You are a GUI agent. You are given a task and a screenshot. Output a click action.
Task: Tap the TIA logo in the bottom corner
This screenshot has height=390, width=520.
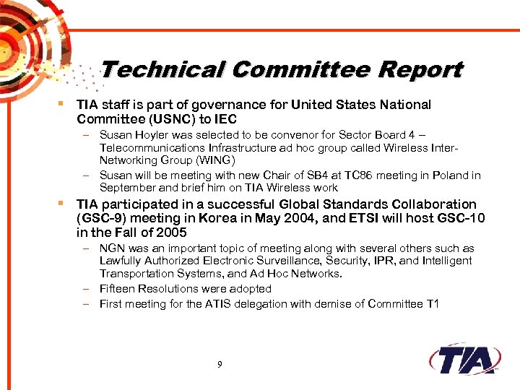[467, 359]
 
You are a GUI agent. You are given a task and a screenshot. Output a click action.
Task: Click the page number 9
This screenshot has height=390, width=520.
[220, 365]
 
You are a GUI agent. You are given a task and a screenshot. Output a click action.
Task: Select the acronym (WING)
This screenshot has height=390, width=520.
[230, 160]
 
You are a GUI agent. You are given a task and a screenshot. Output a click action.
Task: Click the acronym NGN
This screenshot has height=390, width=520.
[112, 248]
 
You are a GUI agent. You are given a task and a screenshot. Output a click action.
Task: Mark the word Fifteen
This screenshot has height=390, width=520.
[118, 289]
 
